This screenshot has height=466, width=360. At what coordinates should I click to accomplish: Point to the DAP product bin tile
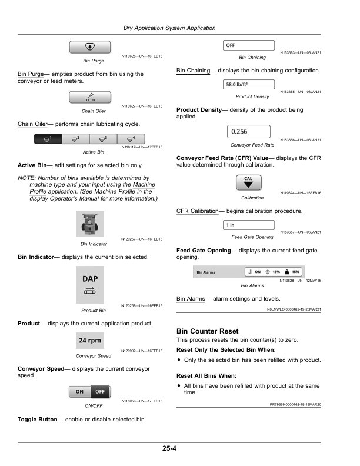[90, 284]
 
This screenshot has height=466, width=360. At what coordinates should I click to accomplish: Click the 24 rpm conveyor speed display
[90, 341]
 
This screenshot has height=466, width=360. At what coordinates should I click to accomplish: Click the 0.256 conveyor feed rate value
[248, 132]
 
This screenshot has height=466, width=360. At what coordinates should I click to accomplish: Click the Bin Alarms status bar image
[249, 272]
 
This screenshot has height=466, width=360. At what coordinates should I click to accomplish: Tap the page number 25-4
[170, 449]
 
